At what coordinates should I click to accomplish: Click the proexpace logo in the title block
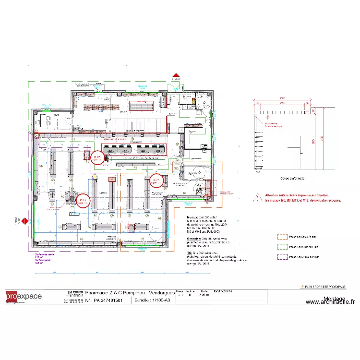click(x=24, y=297)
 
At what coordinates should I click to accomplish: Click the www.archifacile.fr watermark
click(x=330, y=302)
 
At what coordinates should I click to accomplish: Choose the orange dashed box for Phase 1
click(x=281, y=237)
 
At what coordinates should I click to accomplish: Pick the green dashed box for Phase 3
click(x=281, y=247)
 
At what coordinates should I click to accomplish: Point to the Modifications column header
click(x=223, y=291)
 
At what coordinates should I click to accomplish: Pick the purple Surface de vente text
click(x=43, y=255)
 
